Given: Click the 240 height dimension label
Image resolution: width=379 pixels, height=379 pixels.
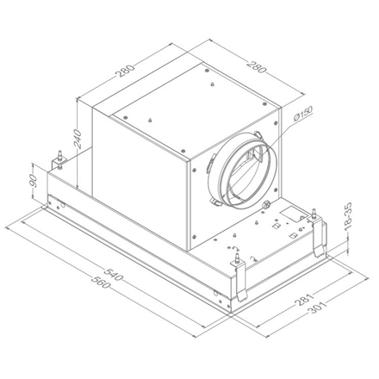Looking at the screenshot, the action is coord(78,139).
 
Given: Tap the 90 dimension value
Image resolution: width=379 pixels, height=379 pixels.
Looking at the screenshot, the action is coord(34,181).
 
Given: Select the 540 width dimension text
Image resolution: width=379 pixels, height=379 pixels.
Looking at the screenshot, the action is coord(114,274).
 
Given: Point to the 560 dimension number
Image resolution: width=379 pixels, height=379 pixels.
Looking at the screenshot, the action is coord(102,282).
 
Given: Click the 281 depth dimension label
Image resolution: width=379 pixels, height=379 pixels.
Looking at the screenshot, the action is coord(303,300).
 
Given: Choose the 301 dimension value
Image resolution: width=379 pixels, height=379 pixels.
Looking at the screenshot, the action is coord(318,308).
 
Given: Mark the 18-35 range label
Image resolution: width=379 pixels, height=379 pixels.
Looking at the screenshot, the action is coord(348,216).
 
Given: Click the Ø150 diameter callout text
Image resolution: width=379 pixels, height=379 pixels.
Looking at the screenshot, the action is coord(303,115).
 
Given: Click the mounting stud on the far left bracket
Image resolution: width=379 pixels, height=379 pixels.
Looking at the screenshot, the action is coord(60,155).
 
